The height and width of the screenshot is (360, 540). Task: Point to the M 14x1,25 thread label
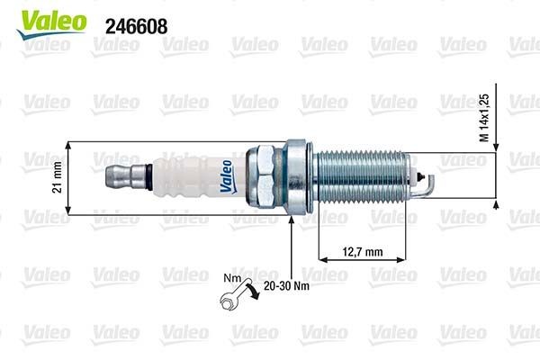pos(483,117)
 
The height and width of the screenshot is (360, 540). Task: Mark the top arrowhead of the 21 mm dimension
pos(69,144)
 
